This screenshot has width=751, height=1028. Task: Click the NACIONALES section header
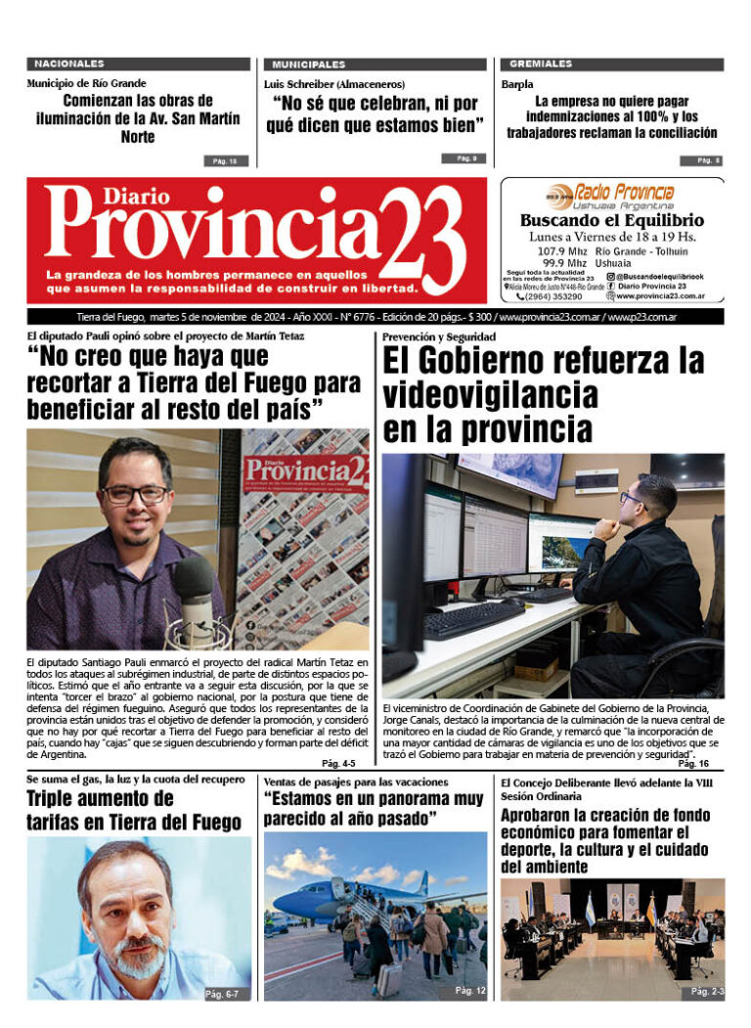point(69,64)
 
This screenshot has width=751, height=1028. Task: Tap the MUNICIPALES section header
point(309,64)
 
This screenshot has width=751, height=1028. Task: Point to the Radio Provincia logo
point(611,195)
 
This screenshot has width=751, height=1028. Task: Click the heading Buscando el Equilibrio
point(611,221)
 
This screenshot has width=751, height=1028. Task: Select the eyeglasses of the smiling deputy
point(135,495)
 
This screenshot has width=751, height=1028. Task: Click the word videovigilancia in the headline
point(490,394)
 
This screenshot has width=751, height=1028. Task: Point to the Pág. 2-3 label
point(707,991)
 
